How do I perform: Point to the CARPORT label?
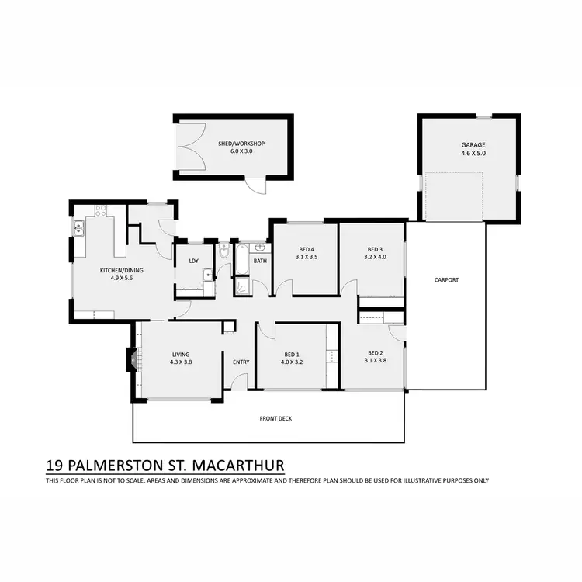coord(446,279)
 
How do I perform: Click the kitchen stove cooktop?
coord(100,210)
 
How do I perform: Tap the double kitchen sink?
coord(78,228)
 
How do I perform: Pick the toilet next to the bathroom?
coord(224,252)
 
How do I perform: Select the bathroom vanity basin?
coord(260,249)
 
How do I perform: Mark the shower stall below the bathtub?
coord(242,286)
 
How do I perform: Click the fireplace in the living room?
coord(130,359)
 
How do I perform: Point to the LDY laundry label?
coord(193,261)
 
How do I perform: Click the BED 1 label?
coord(297,354)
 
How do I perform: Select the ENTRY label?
coord(241,362)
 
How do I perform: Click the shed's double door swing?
coord(189,147)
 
